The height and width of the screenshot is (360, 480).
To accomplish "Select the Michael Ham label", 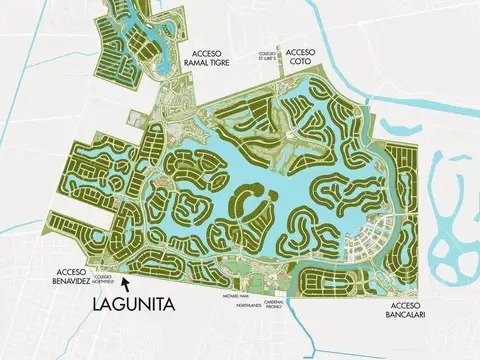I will pos(232,297).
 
